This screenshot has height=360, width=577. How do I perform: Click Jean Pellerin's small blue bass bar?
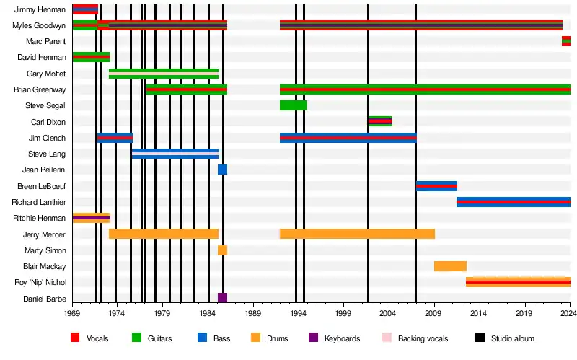coord(222,170)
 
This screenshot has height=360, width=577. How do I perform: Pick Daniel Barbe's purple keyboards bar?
coord(222,298)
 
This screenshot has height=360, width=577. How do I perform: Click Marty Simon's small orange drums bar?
coord(222,250)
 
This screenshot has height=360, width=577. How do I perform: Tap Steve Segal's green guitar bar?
coord(293,105)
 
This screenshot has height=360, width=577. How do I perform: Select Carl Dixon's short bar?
coord(380,121)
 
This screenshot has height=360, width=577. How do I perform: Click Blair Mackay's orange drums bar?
coord(450,266)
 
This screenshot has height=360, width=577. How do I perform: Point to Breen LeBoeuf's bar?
coord(436,186)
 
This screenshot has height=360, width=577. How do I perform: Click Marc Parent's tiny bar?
coord(566,41)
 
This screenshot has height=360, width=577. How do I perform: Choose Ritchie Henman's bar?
coord(91,218)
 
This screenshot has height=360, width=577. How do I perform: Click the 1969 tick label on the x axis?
coord(72,314)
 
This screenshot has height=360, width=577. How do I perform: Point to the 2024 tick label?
coord(568,314)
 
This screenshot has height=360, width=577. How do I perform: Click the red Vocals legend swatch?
coord(75,338)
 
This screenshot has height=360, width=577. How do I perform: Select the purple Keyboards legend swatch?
coord(313,338)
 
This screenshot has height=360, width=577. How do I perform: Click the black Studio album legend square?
coord(480,338)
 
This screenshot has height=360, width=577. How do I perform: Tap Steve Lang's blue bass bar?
coord(175,154)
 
